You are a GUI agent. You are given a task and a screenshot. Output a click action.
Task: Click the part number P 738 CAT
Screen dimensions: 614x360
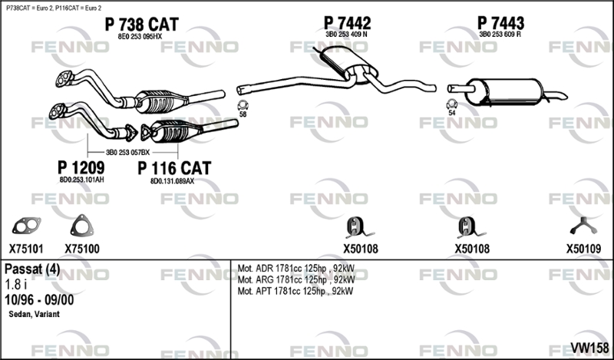pyautogui.click(x=141, y=25)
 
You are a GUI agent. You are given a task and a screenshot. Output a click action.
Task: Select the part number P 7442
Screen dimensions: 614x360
pyautogui.click(x=347, y=23)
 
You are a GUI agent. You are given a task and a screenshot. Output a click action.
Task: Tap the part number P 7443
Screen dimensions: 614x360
pyautogui.click(x=500, y=23)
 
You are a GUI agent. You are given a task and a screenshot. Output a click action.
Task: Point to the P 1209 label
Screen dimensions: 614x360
pyautogui.click(x=81, y=167)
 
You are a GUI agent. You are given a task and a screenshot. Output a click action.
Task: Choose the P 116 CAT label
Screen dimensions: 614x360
pyautogui.click(x=174, y=168)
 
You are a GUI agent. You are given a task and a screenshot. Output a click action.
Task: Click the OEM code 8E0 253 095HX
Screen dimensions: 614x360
pyautogui.click(x=140, y=36)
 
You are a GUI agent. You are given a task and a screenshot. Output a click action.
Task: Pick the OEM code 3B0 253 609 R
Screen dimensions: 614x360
pyautogui.click(x=500, y=35)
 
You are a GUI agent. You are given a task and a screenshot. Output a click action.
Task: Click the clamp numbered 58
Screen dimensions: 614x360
pyautogui.click(x=243, y=105)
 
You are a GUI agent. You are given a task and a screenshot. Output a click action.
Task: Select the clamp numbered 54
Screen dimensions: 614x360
pyautogui.click(x=452, y=104)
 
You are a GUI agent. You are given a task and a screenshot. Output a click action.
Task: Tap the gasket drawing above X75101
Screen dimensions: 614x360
pyautogui.click(x=26, y=226)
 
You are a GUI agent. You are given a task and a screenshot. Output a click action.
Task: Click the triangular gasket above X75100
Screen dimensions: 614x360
pyautogui.click(x=82, y=226)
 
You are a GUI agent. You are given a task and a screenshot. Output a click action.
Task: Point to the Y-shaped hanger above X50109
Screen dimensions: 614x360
pyautogui.click(x=583, y=226)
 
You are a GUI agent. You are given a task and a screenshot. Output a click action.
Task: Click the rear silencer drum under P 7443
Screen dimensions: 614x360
pyautogui.click(x=504, y=91)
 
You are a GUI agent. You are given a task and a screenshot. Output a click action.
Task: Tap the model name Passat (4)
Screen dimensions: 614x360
pyautogui.click(x=32, y=269)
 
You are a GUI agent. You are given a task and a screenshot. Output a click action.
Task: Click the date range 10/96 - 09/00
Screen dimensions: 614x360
pyautogui.click(x=39, y=299)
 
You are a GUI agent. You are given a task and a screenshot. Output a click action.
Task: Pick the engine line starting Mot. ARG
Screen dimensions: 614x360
pyautogui.click(x=296, y=279)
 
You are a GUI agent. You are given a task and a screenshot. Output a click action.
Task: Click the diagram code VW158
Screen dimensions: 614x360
pyautogui.click(x=589, y=348)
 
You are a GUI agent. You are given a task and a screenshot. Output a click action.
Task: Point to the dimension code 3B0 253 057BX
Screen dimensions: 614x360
pyautogui.click(x=127, y=153)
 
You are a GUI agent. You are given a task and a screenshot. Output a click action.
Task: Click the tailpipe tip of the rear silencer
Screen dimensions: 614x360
pyautogui.click(x=564, y=96)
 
